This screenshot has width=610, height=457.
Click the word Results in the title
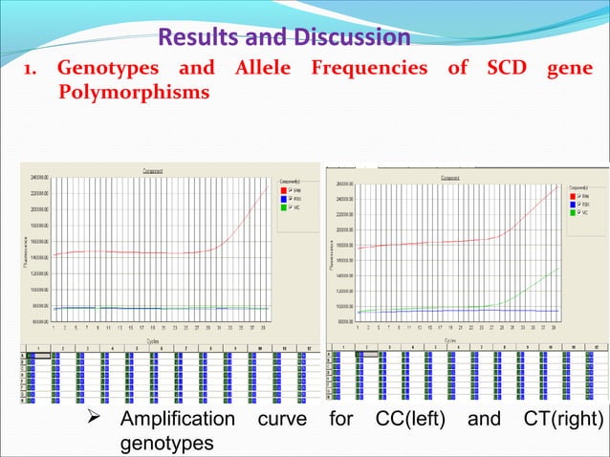point(194,37)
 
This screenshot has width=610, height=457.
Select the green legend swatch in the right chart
point(573,212)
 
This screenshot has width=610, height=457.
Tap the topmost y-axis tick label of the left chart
point(38,178)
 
